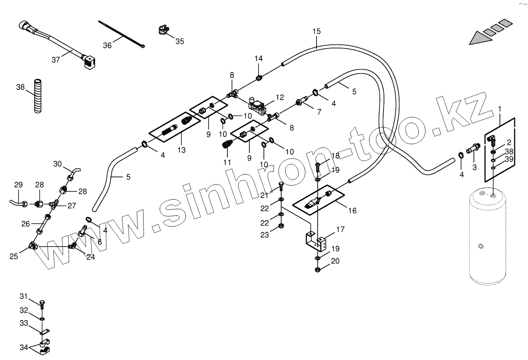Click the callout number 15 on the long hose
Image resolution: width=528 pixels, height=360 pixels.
(x=316, y=31)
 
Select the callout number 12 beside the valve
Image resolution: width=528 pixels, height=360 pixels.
(x=279, y=97)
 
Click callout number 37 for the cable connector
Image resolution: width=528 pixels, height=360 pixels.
(x=56, y=59)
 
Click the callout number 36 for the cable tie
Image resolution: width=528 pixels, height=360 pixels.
(x=107, y=45)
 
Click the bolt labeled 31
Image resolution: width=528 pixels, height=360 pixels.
(x=42, y=303)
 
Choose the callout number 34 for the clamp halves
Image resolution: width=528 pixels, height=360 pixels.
(x=23, y=347)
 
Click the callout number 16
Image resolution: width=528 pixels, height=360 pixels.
(x=352, y=210)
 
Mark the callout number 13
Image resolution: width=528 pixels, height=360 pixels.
(x=181, y=150)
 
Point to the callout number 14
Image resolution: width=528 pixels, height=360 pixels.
(x=259, y=59)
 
